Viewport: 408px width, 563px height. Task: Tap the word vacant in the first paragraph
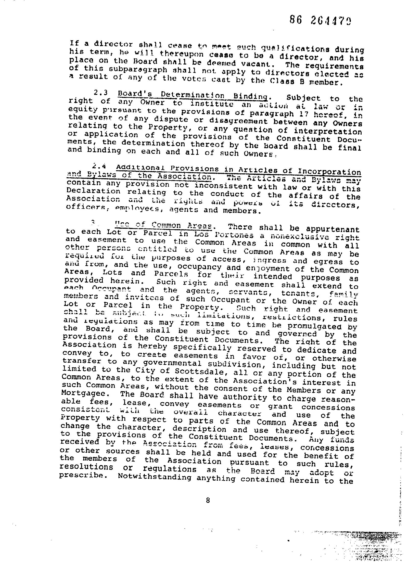[x=257, y=63]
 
